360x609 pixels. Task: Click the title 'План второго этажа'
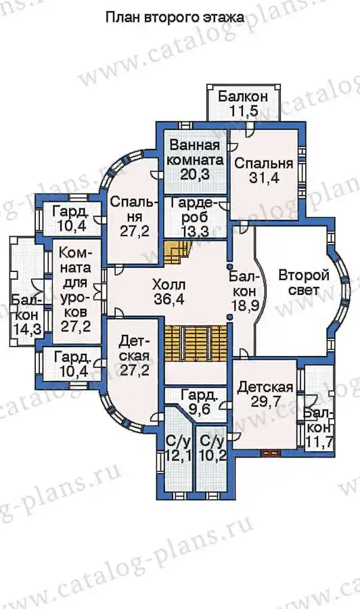(x=175, y=18)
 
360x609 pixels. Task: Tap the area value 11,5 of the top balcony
(x=244, y=111)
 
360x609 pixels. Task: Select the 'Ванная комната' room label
(x=195, y=153)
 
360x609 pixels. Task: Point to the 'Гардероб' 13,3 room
(x=195, y=217)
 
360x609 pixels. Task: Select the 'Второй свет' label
(x=304, y=283)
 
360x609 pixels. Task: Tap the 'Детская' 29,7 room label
(x=265, y=394)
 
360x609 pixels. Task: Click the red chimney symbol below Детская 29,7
(x=271, y=453)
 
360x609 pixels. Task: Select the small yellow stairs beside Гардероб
(x=177, y=252)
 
